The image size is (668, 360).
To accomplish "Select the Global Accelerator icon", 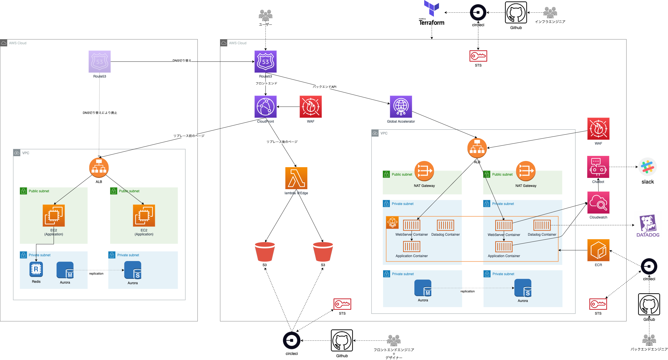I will (x=401, y=107).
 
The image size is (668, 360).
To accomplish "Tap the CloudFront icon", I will (x=265, y=107).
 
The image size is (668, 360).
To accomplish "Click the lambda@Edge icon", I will (x=296, y=178).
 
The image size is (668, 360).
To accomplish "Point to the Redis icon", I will (x=36, y=269).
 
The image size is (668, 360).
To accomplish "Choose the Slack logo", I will (x=647, y=167).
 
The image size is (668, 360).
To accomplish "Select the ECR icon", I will (x=598, y=250).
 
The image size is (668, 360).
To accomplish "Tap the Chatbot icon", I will (x=598, y=167).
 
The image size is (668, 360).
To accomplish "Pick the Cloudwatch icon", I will (x=598, y=203).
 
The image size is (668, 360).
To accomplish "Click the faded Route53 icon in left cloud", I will (x=100, y=62).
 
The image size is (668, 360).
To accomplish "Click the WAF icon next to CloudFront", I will (x=311, y=107).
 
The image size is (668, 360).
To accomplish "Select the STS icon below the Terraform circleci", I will (x=478, y=56).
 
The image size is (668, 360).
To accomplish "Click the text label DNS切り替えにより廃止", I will (x=100, y=113).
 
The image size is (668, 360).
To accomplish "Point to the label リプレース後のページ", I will (x=282, y=142).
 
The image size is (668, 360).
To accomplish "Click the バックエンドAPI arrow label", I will (x=324, y=87).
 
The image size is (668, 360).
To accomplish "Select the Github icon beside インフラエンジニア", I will (x=516, y=13).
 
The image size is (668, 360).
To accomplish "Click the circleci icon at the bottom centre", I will (x=292, y=341).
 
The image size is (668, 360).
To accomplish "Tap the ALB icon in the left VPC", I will (x=99, y=168).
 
